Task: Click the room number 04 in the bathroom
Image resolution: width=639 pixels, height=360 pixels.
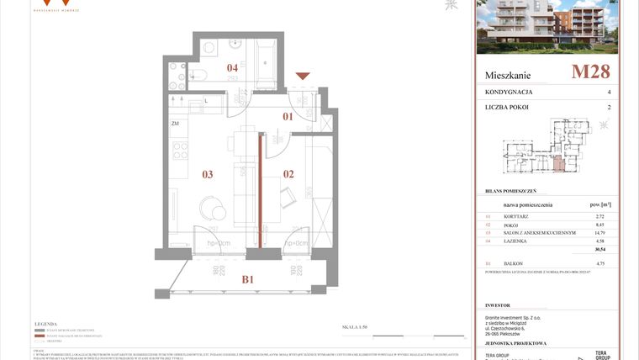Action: click(232, 68)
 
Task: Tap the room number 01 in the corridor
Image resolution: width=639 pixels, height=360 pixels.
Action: click(287, 116)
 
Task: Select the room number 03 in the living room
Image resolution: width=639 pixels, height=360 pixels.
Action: click(207, 174)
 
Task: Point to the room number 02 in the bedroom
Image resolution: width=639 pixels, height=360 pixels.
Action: click(288, 174)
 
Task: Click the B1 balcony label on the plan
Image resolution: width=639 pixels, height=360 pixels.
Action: click(249, 280)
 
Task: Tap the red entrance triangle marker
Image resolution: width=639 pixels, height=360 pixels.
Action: click(303, 77)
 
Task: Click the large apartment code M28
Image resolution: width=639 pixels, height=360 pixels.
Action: click(590, 71)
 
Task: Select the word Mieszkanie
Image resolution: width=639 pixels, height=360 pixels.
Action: click(508, 75)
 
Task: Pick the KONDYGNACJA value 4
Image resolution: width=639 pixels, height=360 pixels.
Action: click(609, 92)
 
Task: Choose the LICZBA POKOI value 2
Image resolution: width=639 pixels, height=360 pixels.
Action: click(609, 108)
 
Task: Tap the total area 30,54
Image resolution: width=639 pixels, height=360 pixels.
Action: click(600, 250)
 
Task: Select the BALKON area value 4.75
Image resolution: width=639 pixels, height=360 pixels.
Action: click(599, 264)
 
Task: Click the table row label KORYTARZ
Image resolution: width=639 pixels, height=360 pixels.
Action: click(516, 217)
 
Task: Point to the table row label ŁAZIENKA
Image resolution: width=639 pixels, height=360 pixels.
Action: click(516, 241)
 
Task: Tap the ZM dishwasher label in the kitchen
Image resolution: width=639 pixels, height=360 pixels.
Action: click(176, 124)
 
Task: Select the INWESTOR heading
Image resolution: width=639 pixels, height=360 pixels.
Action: click(499, 305)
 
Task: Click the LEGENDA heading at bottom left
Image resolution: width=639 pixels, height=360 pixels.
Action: click(45, 324)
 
